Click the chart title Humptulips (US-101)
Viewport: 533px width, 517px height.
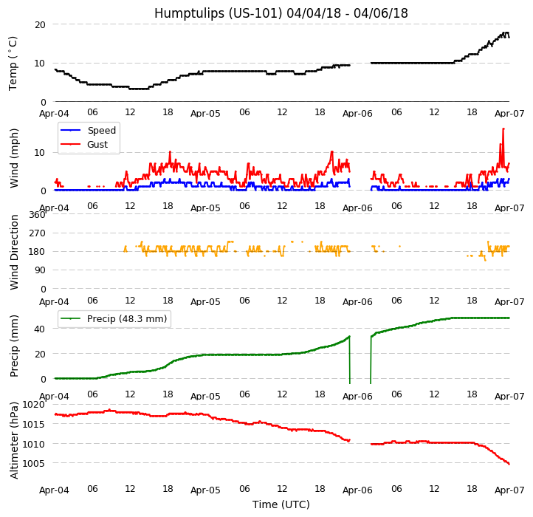(281, 13)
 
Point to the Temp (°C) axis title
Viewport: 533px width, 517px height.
(13, 63)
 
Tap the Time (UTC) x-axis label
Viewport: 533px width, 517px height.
(281, 504)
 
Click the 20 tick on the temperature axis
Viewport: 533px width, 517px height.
(39, 24)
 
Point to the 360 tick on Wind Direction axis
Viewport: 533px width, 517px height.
(37, 215)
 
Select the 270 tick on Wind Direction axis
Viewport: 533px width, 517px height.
(37, 233)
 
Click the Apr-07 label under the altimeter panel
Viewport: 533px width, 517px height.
(509, 490)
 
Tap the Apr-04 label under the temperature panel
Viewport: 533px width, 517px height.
(55, 114)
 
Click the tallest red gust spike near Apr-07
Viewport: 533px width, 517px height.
(503, 129)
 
